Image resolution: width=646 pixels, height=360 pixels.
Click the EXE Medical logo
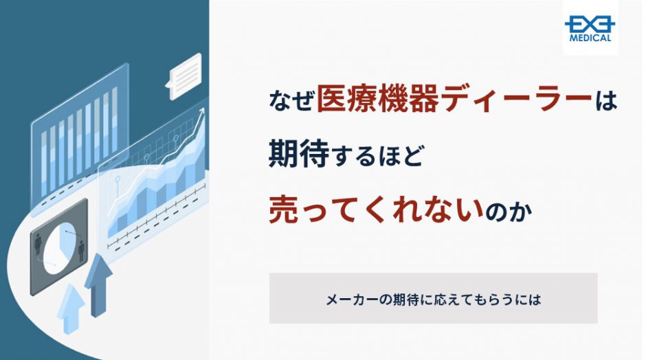click(590, 28)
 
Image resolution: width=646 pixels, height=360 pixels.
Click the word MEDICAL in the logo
click(590, 38)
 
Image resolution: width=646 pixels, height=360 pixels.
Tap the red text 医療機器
click(377, 99)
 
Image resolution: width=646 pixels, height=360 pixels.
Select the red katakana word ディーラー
click(515, 99)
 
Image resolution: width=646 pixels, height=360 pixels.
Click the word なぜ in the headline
click(291, 100)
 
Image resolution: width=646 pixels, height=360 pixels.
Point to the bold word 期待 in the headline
click(299, 154)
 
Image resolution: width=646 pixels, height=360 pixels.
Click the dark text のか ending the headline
click(509, 212)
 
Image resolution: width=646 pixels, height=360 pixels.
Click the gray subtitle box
click(434, 297)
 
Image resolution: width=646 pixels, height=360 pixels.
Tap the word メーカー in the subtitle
click(351, 300)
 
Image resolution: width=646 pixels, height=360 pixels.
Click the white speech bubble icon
click(185, 76)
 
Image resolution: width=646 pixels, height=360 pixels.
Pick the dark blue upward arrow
click(98, 285)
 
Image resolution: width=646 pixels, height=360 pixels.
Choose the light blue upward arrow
click(71, 308)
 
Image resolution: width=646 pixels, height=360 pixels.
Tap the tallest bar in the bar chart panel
click(114, 120)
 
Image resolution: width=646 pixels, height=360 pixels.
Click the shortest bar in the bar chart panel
click(44, 164)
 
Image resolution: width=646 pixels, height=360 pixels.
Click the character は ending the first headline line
click(605, 100)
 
